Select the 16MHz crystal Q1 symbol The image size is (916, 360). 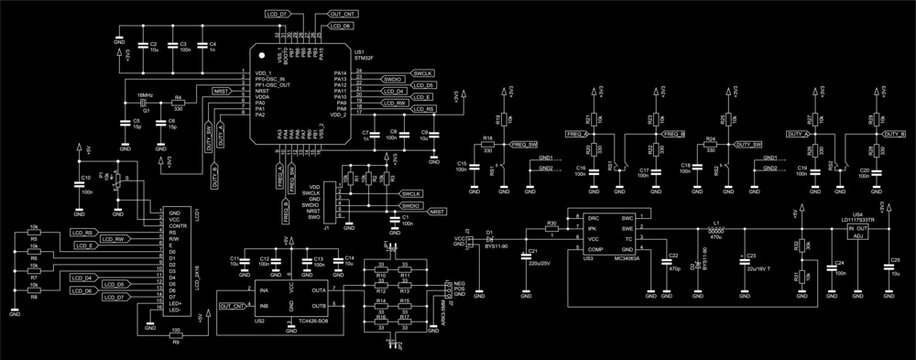coord(144,103)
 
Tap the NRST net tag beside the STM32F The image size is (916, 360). coord(220,90)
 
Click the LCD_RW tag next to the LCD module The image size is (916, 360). coord(112,240)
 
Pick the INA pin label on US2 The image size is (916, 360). coord(264,288)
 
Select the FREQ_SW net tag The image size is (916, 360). coord(524,145)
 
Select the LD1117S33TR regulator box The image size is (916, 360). coord(857,232)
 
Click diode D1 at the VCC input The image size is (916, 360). coord(490,239)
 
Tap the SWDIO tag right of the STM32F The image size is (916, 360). coord(392,77)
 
